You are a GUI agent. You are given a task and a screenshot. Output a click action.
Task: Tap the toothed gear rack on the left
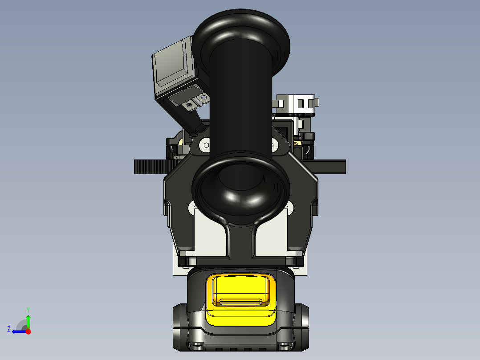(x=151, y=167)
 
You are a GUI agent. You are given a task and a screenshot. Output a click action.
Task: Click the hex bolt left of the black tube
(x=205, y=144)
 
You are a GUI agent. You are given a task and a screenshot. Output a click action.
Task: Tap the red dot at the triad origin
(x=28, y=331)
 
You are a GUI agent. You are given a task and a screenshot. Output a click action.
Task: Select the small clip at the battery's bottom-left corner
(x=196, y=346)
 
